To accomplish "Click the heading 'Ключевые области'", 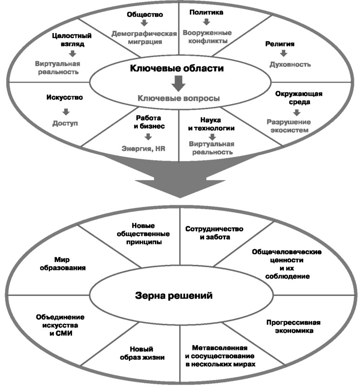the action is point(177,68).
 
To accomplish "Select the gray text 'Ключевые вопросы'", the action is point(179,98).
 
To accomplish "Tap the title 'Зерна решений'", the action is point(173,295).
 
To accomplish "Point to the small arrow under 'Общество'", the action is point(144,23).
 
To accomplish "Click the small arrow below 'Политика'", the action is point(207,22).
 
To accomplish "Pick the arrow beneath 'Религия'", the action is point(283,53).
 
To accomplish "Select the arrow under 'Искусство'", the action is point(66,112).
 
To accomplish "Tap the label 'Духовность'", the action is point(290,65).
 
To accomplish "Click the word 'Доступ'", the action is point(65,123).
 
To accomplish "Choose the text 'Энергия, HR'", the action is point(143,149).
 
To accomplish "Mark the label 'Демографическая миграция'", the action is point(144,38).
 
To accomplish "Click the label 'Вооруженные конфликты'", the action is point(207,37).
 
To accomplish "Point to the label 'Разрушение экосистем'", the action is point(289,126).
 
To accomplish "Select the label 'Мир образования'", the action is point(63,263).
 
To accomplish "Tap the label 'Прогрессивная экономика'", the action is point(293,327).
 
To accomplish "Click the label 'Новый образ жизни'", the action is point(142,353).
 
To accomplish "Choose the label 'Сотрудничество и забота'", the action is point(214,233).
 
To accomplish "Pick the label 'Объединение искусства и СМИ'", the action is point(60,325).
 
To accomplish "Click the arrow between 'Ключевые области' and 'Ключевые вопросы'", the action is point(179,83).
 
